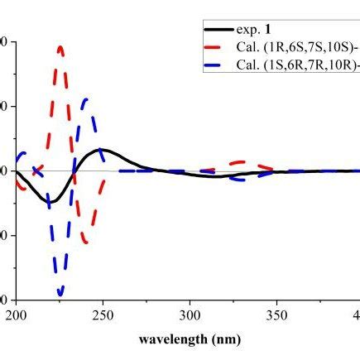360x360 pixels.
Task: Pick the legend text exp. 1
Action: (x=261, y=40)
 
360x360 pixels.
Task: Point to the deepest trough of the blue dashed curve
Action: (x=60, y=294)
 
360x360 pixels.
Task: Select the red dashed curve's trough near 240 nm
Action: (x=85, y=241)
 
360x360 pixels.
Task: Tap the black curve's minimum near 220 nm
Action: (x=50, y=203)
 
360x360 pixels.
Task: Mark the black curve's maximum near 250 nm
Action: (x=100, y=150)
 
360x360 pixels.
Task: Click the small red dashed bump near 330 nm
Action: (x=242, y=162)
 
